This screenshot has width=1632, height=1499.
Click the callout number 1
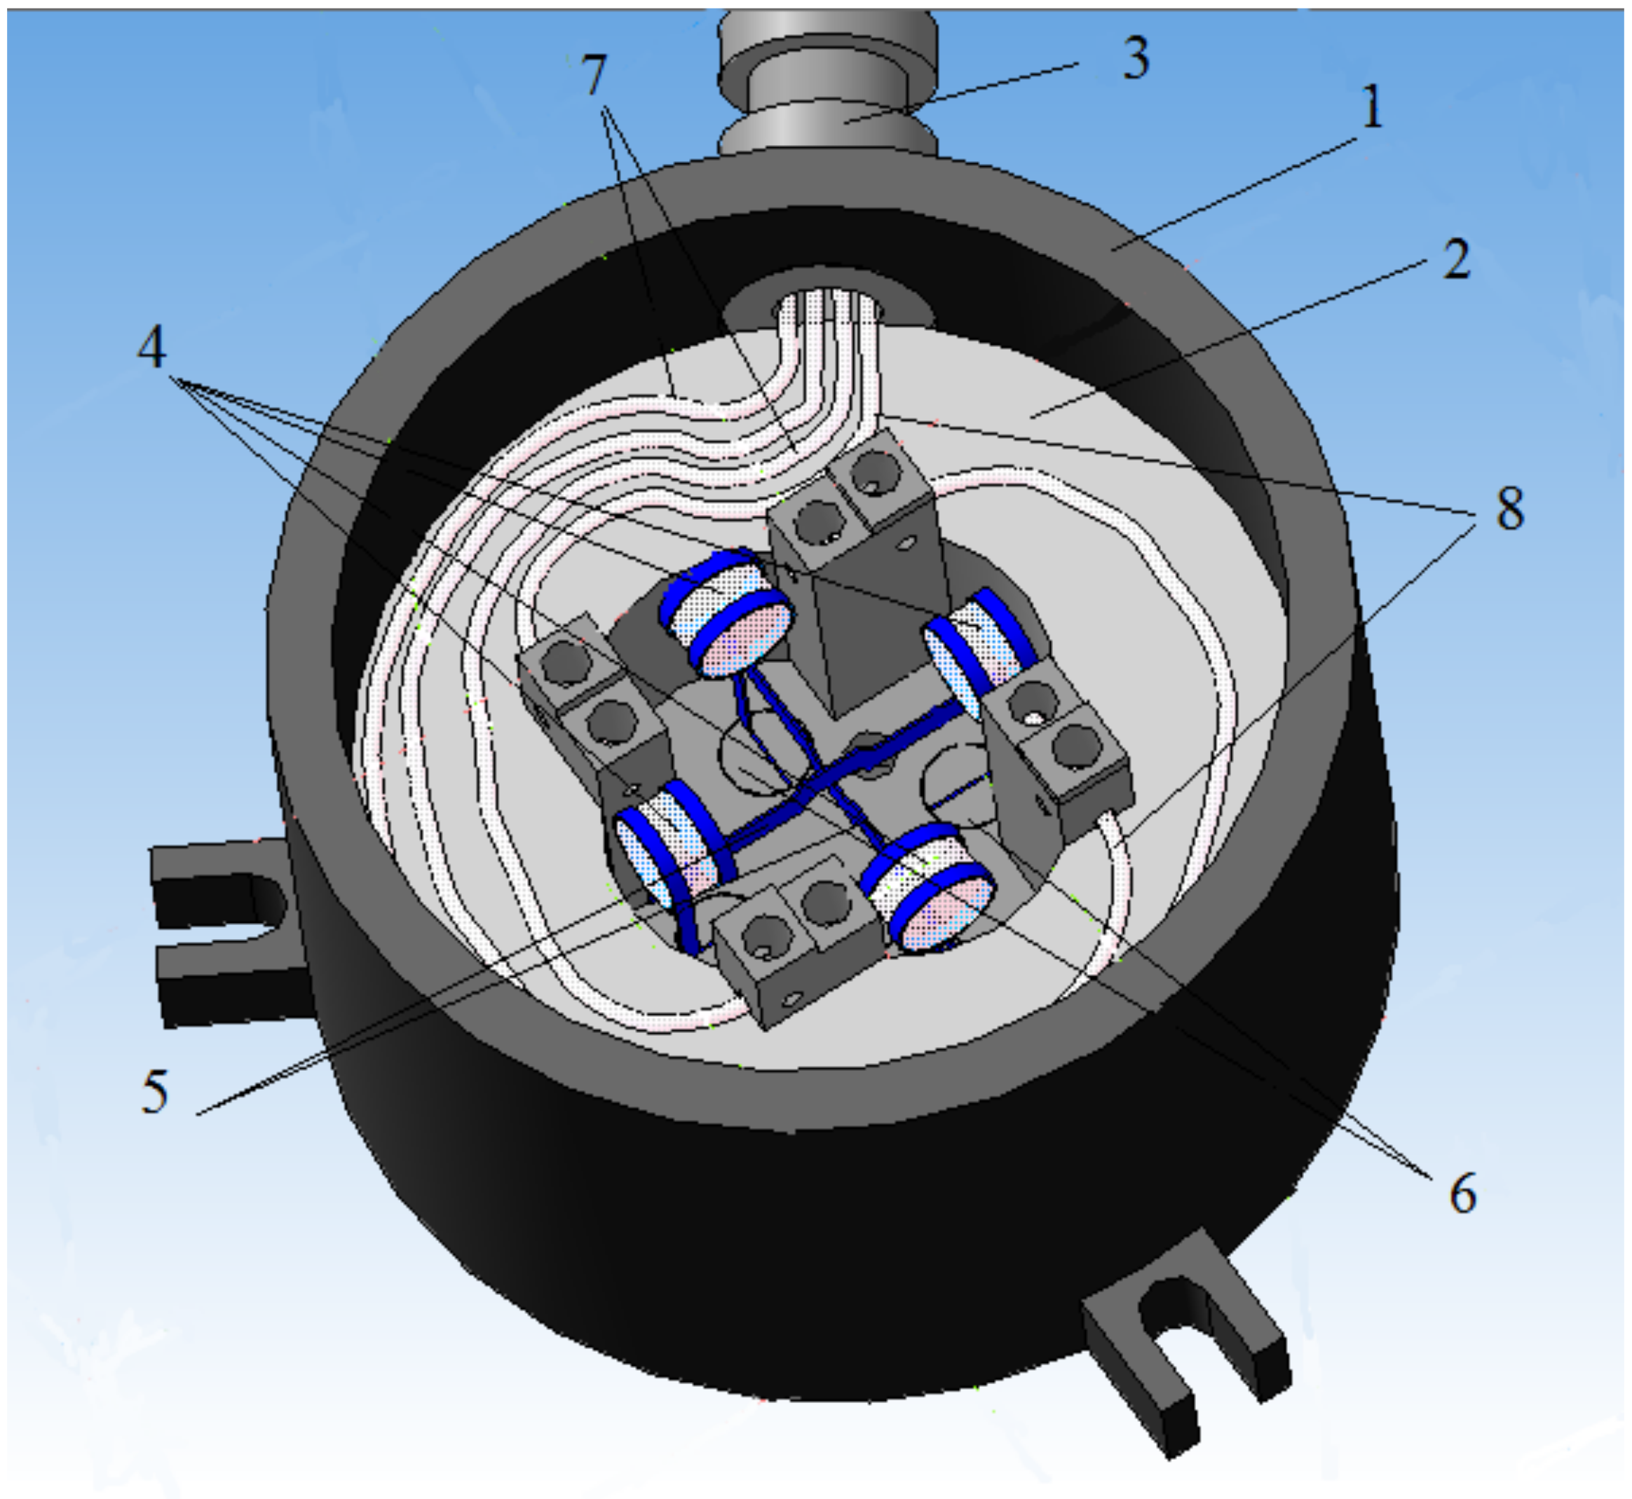(1371, 108)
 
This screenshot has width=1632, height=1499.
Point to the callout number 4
(153, 349)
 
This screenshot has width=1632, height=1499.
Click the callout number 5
(155, 1091)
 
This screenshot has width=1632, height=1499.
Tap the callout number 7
(595, 76)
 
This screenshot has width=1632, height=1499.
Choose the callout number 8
(1509, 510)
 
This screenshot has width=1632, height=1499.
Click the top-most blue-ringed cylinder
(726, 612)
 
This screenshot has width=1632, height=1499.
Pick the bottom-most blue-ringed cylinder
(929, 888)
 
